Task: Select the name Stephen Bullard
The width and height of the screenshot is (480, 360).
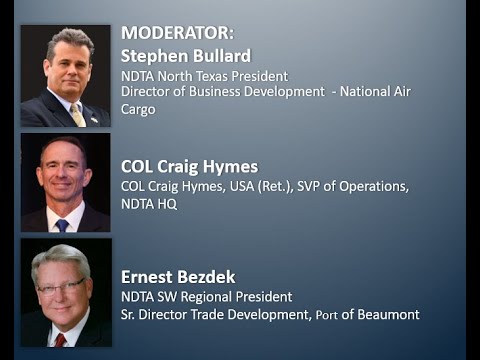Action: pyautogui.click(x=185, y=55)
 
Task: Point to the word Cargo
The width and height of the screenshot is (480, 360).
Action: pyautogui.click(x=138, y=109)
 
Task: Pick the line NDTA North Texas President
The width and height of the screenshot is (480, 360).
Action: pyautogui.click(x=204, y=75)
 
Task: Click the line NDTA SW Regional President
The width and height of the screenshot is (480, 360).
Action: pyautogui.click(x=206, y=296)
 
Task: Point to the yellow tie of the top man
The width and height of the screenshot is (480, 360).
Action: pyautogui.click(x=77, y=114)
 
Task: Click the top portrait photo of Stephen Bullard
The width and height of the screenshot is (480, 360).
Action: pyautogui.click(x=65, y=76)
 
